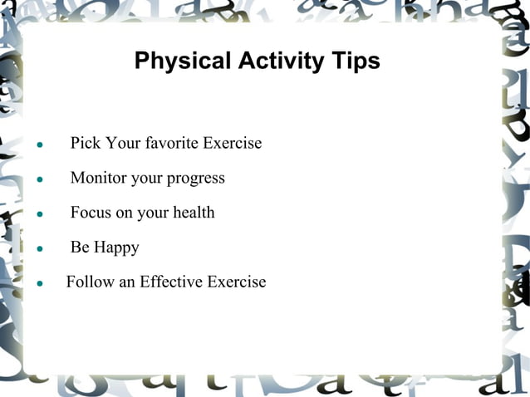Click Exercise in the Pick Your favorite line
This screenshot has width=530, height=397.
(233, 143)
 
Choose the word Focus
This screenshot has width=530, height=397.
(91, 213)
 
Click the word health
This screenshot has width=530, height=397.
(194, 213)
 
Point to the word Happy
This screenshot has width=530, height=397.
(116, 248)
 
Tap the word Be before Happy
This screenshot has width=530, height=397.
(80, 248)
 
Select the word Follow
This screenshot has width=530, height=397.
(90, 282)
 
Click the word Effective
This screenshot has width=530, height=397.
(172, 282)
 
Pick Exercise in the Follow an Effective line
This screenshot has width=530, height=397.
(238, 282)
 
